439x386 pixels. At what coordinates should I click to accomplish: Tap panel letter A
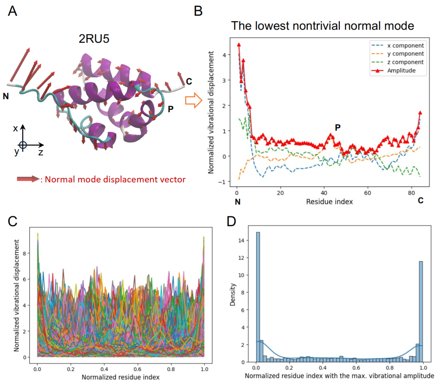click(x=13, y=11)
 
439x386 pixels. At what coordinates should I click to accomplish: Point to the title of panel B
click(x=322, y=26)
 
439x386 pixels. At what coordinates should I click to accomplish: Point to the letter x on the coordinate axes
click(x=15, y=129)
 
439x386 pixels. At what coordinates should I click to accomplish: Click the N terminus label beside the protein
click(x=6, y=96)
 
